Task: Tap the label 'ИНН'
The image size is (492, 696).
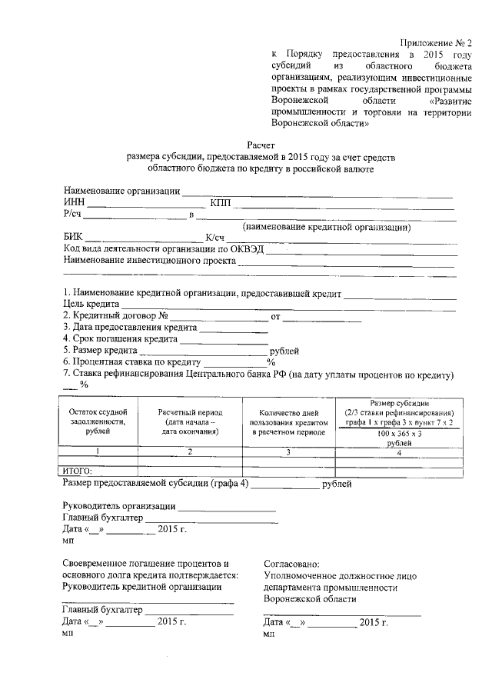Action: (x=74, y=203)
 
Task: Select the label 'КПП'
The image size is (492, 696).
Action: (x=220, y=203)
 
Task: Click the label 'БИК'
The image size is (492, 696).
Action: (x=72, y=238)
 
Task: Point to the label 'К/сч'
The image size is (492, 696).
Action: (x=214, y=238)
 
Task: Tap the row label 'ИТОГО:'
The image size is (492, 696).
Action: (x=76, y=470)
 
